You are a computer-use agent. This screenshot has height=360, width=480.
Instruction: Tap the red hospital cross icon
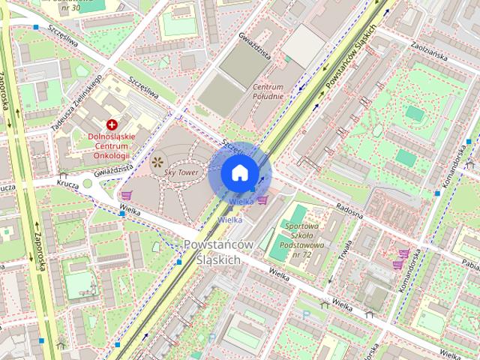[112, 124]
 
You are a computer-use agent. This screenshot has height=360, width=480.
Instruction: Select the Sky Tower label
[180, 172]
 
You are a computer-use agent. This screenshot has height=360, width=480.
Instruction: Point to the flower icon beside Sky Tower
[157, 160]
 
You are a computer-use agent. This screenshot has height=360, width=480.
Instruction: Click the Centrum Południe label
[268, 91]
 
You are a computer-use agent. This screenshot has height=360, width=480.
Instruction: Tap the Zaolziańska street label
[429, 49]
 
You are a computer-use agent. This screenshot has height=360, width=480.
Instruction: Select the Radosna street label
[349, 211]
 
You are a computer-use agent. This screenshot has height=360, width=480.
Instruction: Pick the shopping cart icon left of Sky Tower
[126, 196]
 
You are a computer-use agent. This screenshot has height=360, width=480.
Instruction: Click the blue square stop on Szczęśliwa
[35, 27]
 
